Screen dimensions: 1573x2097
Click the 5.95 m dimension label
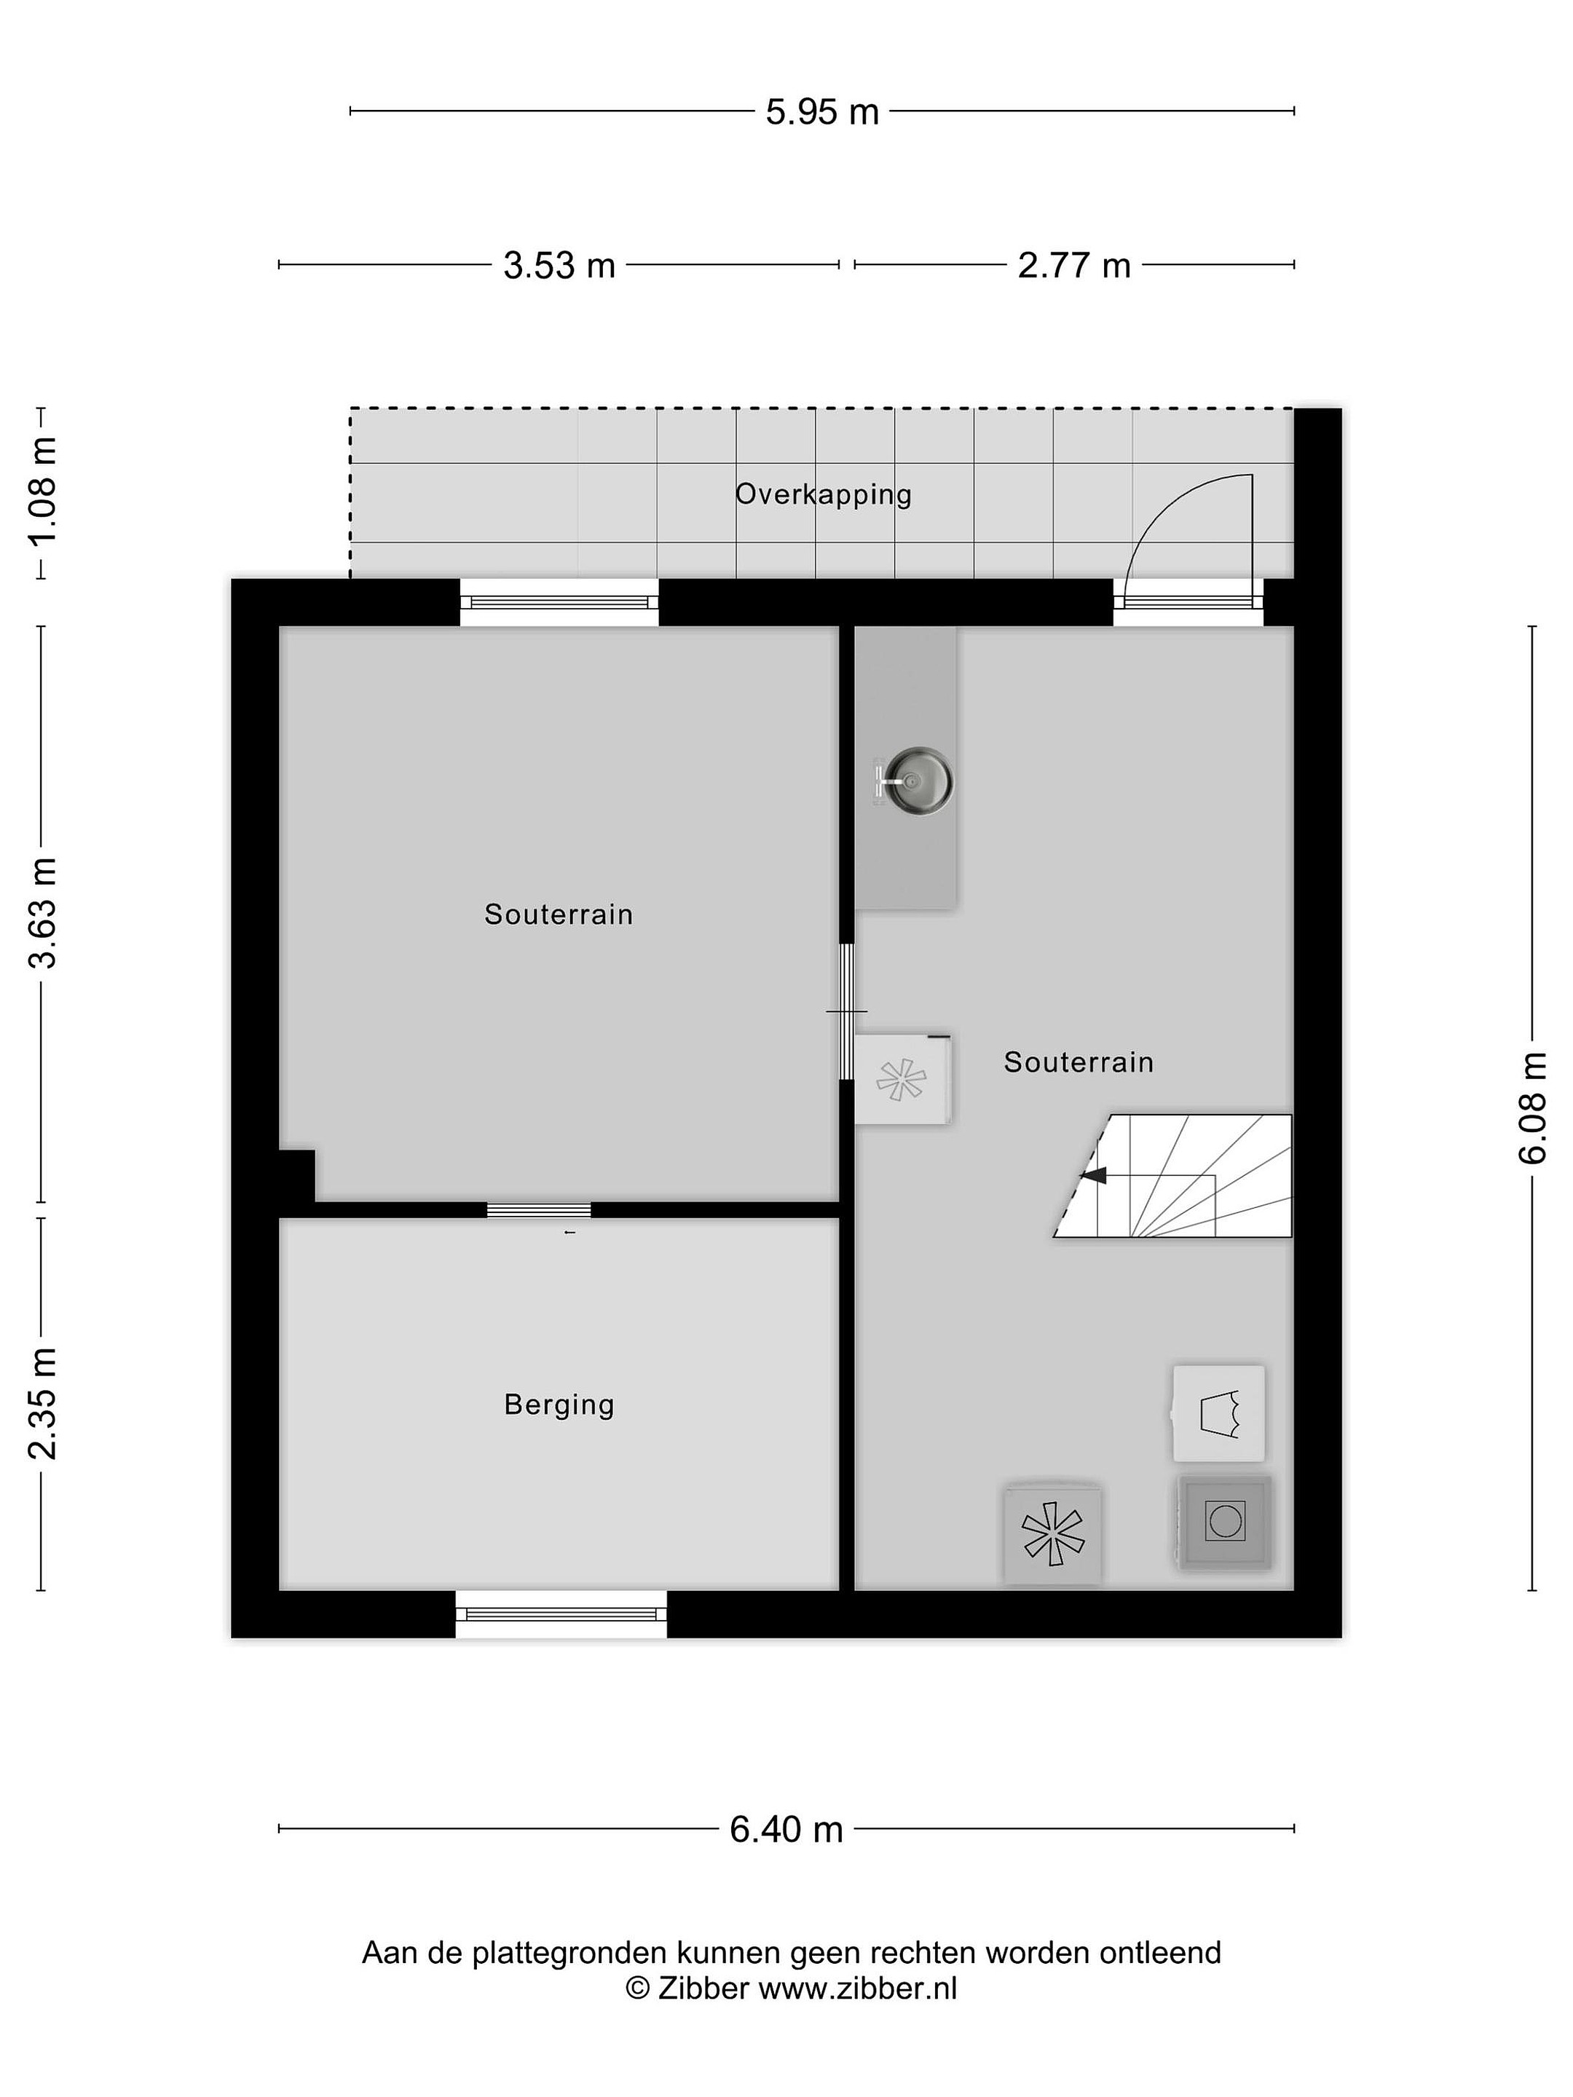pyautogui.click(x=822, y=112)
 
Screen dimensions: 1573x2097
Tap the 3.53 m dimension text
pyautogui.click(x=559, y=266)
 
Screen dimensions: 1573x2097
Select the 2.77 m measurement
pyautogui.click(x=1074, y=266)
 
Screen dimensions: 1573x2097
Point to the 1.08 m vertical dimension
pyautogui.click(x=44, y=491)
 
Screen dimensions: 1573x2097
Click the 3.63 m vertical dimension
pyautogui.click(x=44, y=912)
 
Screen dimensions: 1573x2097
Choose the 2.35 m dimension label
pyautogui.click(x=44, y=1403)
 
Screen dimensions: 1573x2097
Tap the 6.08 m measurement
pyautogui.click(x=1532, y=1107)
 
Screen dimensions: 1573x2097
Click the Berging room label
pyautogui.click(x=559, y=1404)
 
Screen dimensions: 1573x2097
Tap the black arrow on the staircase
pyautogui.click(x=1093, y=1175)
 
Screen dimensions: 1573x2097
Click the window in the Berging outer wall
pyautogui.click(x=561, y=1614)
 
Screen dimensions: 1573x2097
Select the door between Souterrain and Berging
pyautogui.click(x=539, y=1209)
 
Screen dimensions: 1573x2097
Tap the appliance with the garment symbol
pyautogui.click(x=1218, y=1413)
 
